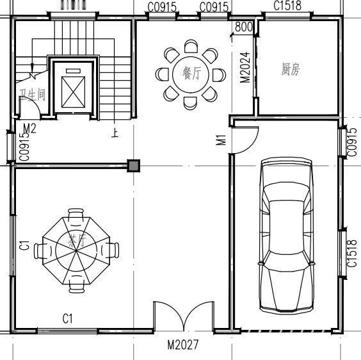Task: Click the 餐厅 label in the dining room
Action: coord(191,74)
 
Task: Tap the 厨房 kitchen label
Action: coord(290,70)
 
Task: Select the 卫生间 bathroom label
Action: coord(32,95)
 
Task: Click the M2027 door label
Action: coord(183,345)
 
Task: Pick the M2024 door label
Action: coord(244,66)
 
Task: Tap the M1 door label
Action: coord(221,140)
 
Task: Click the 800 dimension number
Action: coord(244,27)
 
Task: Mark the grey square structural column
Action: coord(133,167)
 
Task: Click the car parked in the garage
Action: coord(287,237)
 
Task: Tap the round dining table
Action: coord(191,74)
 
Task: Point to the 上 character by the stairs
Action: coord(115,134)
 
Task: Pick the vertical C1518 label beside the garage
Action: coord(352,253)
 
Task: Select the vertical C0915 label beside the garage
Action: coord(352,142)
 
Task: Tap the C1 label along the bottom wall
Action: coord(68,318)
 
